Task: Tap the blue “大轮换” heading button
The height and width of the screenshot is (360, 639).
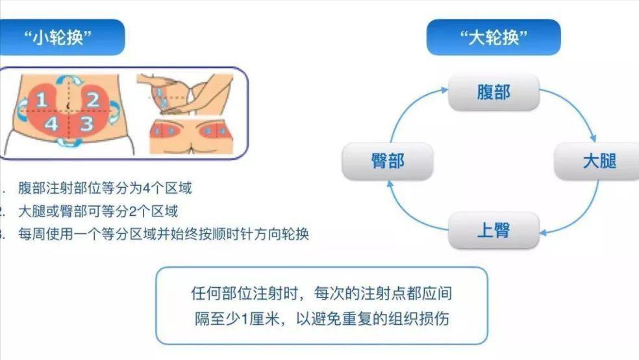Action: click(x=494, y=38)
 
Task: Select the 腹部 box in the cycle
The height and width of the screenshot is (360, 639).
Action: click(x=494, y=92)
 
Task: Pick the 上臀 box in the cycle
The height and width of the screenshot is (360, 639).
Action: click(x=494, y=230)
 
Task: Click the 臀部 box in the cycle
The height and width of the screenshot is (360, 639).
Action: click(x=388, y=161)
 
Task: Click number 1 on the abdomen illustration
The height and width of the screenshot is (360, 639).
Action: click(x=42, y=100)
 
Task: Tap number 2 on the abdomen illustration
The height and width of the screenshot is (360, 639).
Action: click(x=92, y=99)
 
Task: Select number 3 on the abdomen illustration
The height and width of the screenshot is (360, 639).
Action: click(x=86, y=123)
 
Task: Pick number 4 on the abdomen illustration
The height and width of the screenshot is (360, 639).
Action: click(x=52, y=123)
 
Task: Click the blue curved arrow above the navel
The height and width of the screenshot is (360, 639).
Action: click(x=67, y=80)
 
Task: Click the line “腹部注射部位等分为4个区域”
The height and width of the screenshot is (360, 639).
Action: click(x=105, y=188)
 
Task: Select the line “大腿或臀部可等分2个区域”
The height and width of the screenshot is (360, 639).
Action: click(x=97, y=211)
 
